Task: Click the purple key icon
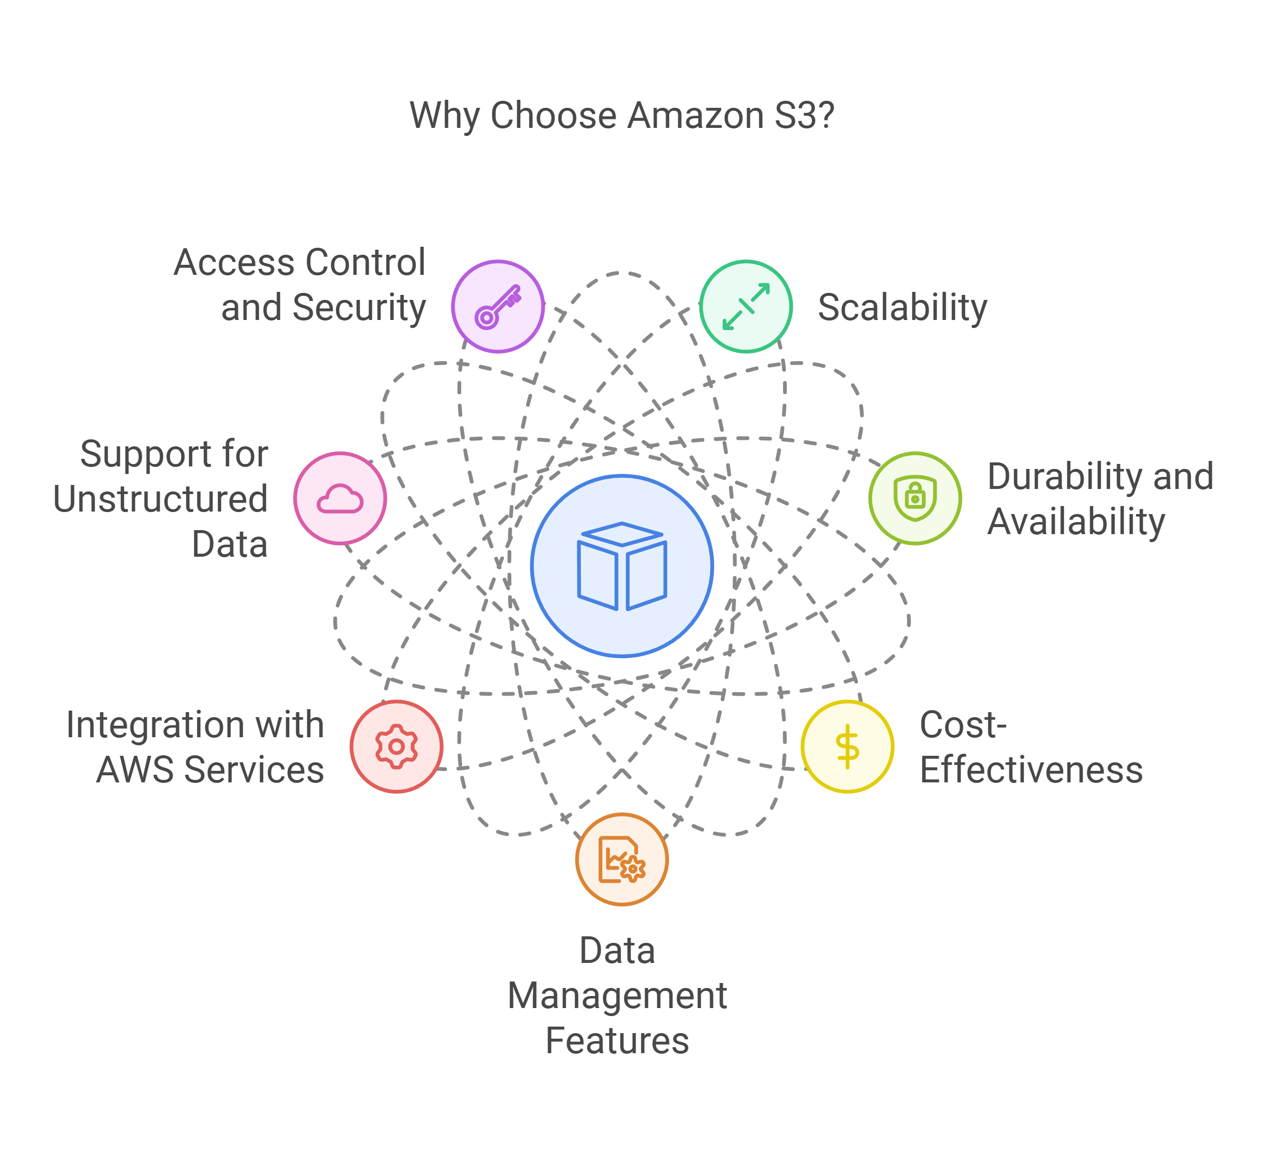498,306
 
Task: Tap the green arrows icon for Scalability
746,306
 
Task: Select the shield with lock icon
915,498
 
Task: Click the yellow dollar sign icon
847,747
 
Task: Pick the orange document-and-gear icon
622,860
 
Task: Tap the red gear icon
396,747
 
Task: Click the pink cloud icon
340,499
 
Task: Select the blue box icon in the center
622,566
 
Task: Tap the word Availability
1076,522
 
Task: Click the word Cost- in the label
963,725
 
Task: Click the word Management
617,996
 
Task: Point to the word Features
617,1041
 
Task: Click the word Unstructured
160,499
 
